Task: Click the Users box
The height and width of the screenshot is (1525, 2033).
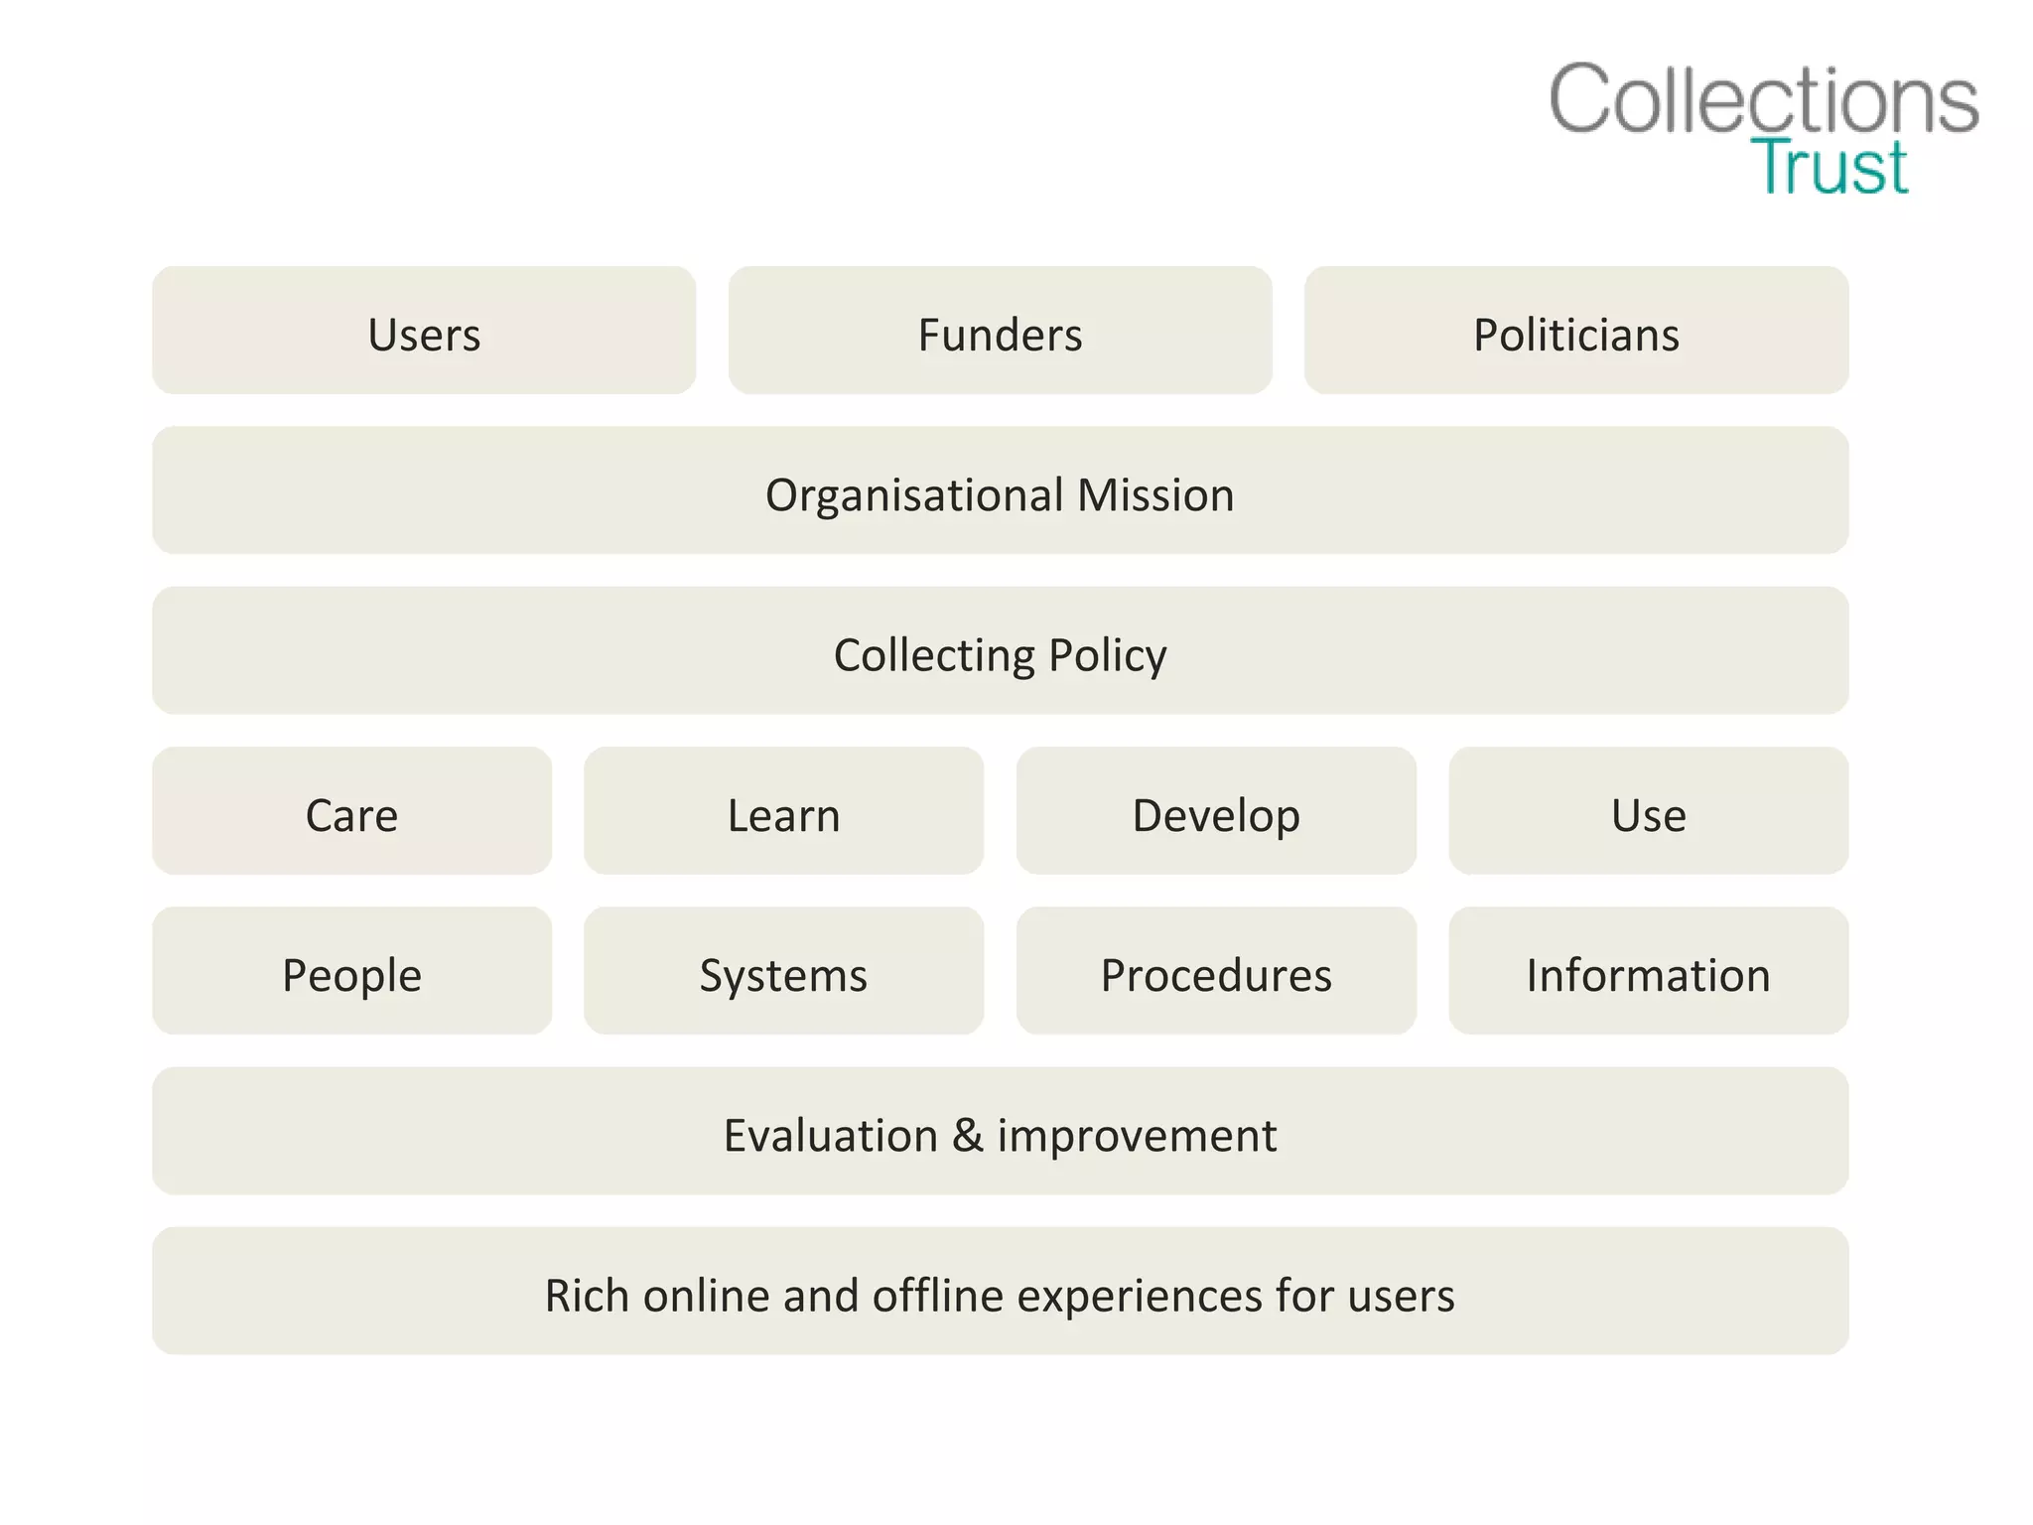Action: pyautogui.click(x=424, y=331)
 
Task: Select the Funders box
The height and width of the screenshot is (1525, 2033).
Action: pyautogui.click(x=1000, y=331)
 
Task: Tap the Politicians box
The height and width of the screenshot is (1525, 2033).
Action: pyautogui.click(x=1575, y=331)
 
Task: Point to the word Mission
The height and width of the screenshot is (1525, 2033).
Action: pyautogui.click(x=1155, y=495)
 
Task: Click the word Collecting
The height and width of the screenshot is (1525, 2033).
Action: pyautogui.click(x=934, y=655)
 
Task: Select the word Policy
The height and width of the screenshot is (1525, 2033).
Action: pyautogui.click(x=1107, y=655)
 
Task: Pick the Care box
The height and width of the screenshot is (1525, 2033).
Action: pyautogui.click(x=351, y=811)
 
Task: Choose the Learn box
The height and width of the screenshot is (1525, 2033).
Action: pyautogui.click(x=783, y=811)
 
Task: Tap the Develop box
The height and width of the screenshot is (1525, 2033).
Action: pyautogui.click(x=1216, y=811)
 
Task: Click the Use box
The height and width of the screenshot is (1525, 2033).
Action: pyautogui.click(x=1648, y=811)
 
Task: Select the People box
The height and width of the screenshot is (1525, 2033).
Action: pyautogui.click(x=351, y=971)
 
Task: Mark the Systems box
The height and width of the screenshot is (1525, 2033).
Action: pyautogui.click(x=783, y=971)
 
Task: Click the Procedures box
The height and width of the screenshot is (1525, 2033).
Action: pyautogui.click(x=1216, y=971)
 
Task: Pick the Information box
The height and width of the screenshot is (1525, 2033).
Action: pyautogui.click(x=1648, y=971)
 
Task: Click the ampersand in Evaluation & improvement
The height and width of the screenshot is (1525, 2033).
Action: pyautogui.click(x=967, y=1135)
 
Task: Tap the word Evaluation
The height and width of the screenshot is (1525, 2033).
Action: pyautogui.click(x=830, y=1135)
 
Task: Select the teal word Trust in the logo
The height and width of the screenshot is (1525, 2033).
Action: pyautogui.click(x=1829, y=167)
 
